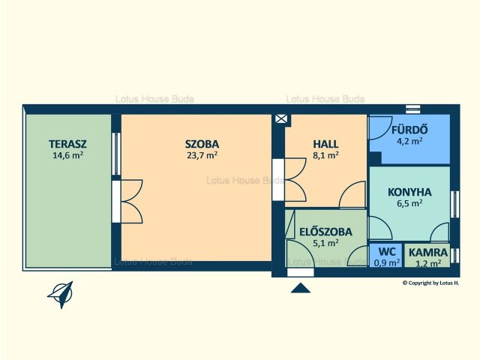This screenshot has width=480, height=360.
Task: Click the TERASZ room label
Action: pos(67,144)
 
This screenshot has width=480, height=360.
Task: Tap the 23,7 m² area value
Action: pos(202,155)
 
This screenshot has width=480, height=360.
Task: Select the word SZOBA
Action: pos(202,144)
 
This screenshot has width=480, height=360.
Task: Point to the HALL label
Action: pos(325,144)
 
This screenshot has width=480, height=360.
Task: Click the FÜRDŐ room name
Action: pos(409,130)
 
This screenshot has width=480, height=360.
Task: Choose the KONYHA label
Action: pos(409,192)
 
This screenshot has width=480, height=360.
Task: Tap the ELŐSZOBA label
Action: pos(325,232)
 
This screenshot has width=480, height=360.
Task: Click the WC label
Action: pos(387,252)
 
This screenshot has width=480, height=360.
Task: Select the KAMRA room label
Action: pos(428,253)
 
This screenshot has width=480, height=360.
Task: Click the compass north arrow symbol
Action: pos(61,295)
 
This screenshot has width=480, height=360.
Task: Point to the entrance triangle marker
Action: pos(301,288)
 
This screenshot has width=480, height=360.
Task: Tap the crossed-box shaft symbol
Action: pos(281,118)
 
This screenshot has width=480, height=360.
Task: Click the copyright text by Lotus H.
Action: pos(430,283)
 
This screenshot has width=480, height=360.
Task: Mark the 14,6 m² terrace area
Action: pos(68,155)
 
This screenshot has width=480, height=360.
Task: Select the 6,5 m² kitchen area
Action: pos(409,203)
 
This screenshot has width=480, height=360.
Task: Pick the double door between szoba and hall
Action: pos(295,180)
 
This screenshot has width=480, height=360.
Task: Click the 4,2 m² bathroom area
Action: pos(409,142)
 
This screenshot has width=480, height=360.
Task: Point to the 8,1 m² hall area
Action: pos(325,155)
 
